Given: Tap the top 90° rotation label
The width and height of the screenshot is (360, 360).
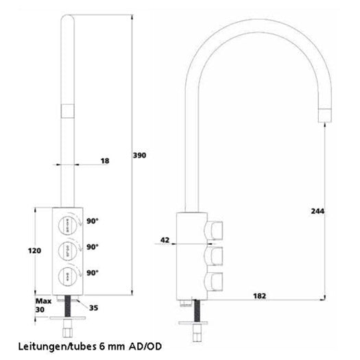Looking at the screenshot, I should point(93,221).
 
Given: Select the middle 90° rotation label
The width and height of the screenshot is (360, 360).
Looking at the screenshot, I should point(93,247).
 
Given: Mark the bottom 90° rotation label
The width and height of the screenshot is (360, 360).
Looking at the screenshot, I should point(93,272).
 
